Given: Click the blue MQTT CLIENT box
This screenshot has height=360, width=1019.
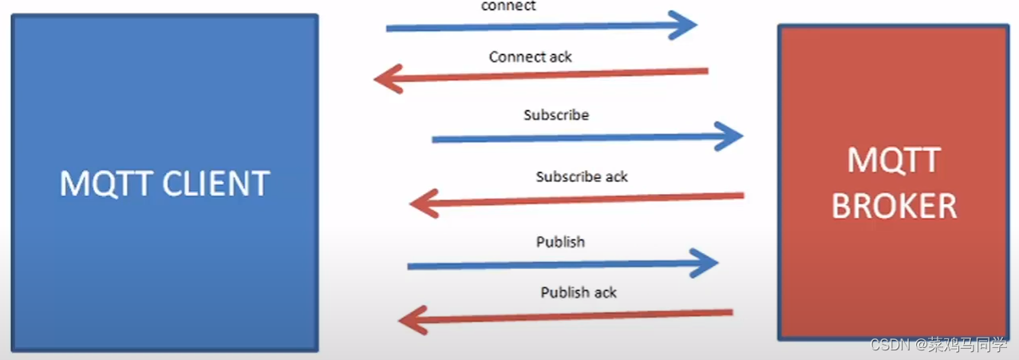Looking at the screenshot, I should tap(164, 96).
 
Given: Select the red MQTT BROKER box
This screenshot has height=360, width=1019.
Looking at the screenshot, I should tap(894, 96).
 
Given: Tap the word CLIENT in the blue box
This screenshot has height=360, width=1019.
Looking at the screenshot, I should tap(216, 184).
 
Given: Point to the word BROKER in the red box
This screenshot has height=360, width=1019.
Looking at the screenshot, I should tap(894, 207).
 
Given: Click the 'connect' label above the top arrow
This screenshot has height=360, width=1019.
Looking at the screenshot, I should tap(508, 6).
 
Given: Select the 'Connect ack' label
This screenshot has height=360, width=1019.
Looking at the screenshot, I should tap(531, 57).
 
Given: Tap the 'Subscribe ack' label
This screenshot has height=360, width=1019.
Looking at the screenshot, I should tap(582, 176).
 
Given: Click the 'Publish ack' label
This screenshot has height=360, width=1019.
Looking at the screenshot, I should tap(579, 292).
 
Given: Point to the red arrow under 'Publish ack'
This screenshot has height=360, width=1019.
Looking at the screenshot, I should tap(567, 317).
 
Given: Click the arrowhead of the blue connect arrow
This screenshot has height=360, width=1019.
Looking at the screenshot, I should tap(682, 25).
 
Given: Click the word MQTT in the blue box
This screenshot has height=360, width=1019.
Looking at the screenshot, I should tap(108, 184).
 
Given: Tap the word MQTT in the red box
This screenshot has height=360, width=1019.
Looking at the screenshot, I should tap(894, 161).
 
